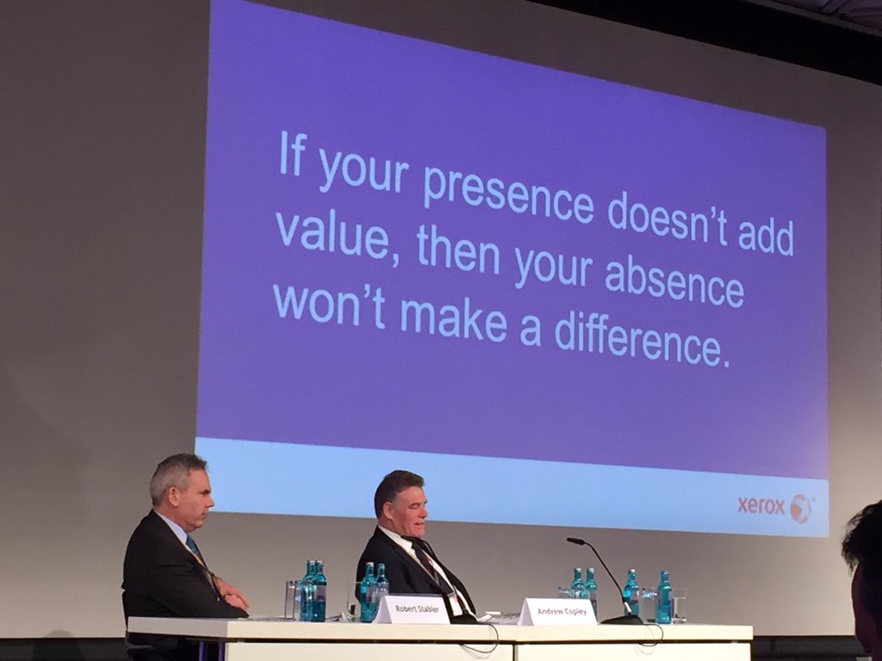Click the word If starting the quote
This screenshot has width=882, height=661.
click(291, 155)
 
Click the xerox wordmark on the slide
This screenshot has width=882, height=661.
click(761, 506)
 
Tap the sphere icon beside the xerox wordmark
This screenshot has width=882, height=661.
click(801, 508)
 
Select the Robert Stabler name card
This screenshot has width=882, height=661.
click(411, 608)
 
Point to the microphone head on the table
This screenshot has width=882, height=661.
click(575, 541)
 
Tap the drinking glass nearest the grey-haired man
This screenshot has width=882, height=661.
click(293, 599)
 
